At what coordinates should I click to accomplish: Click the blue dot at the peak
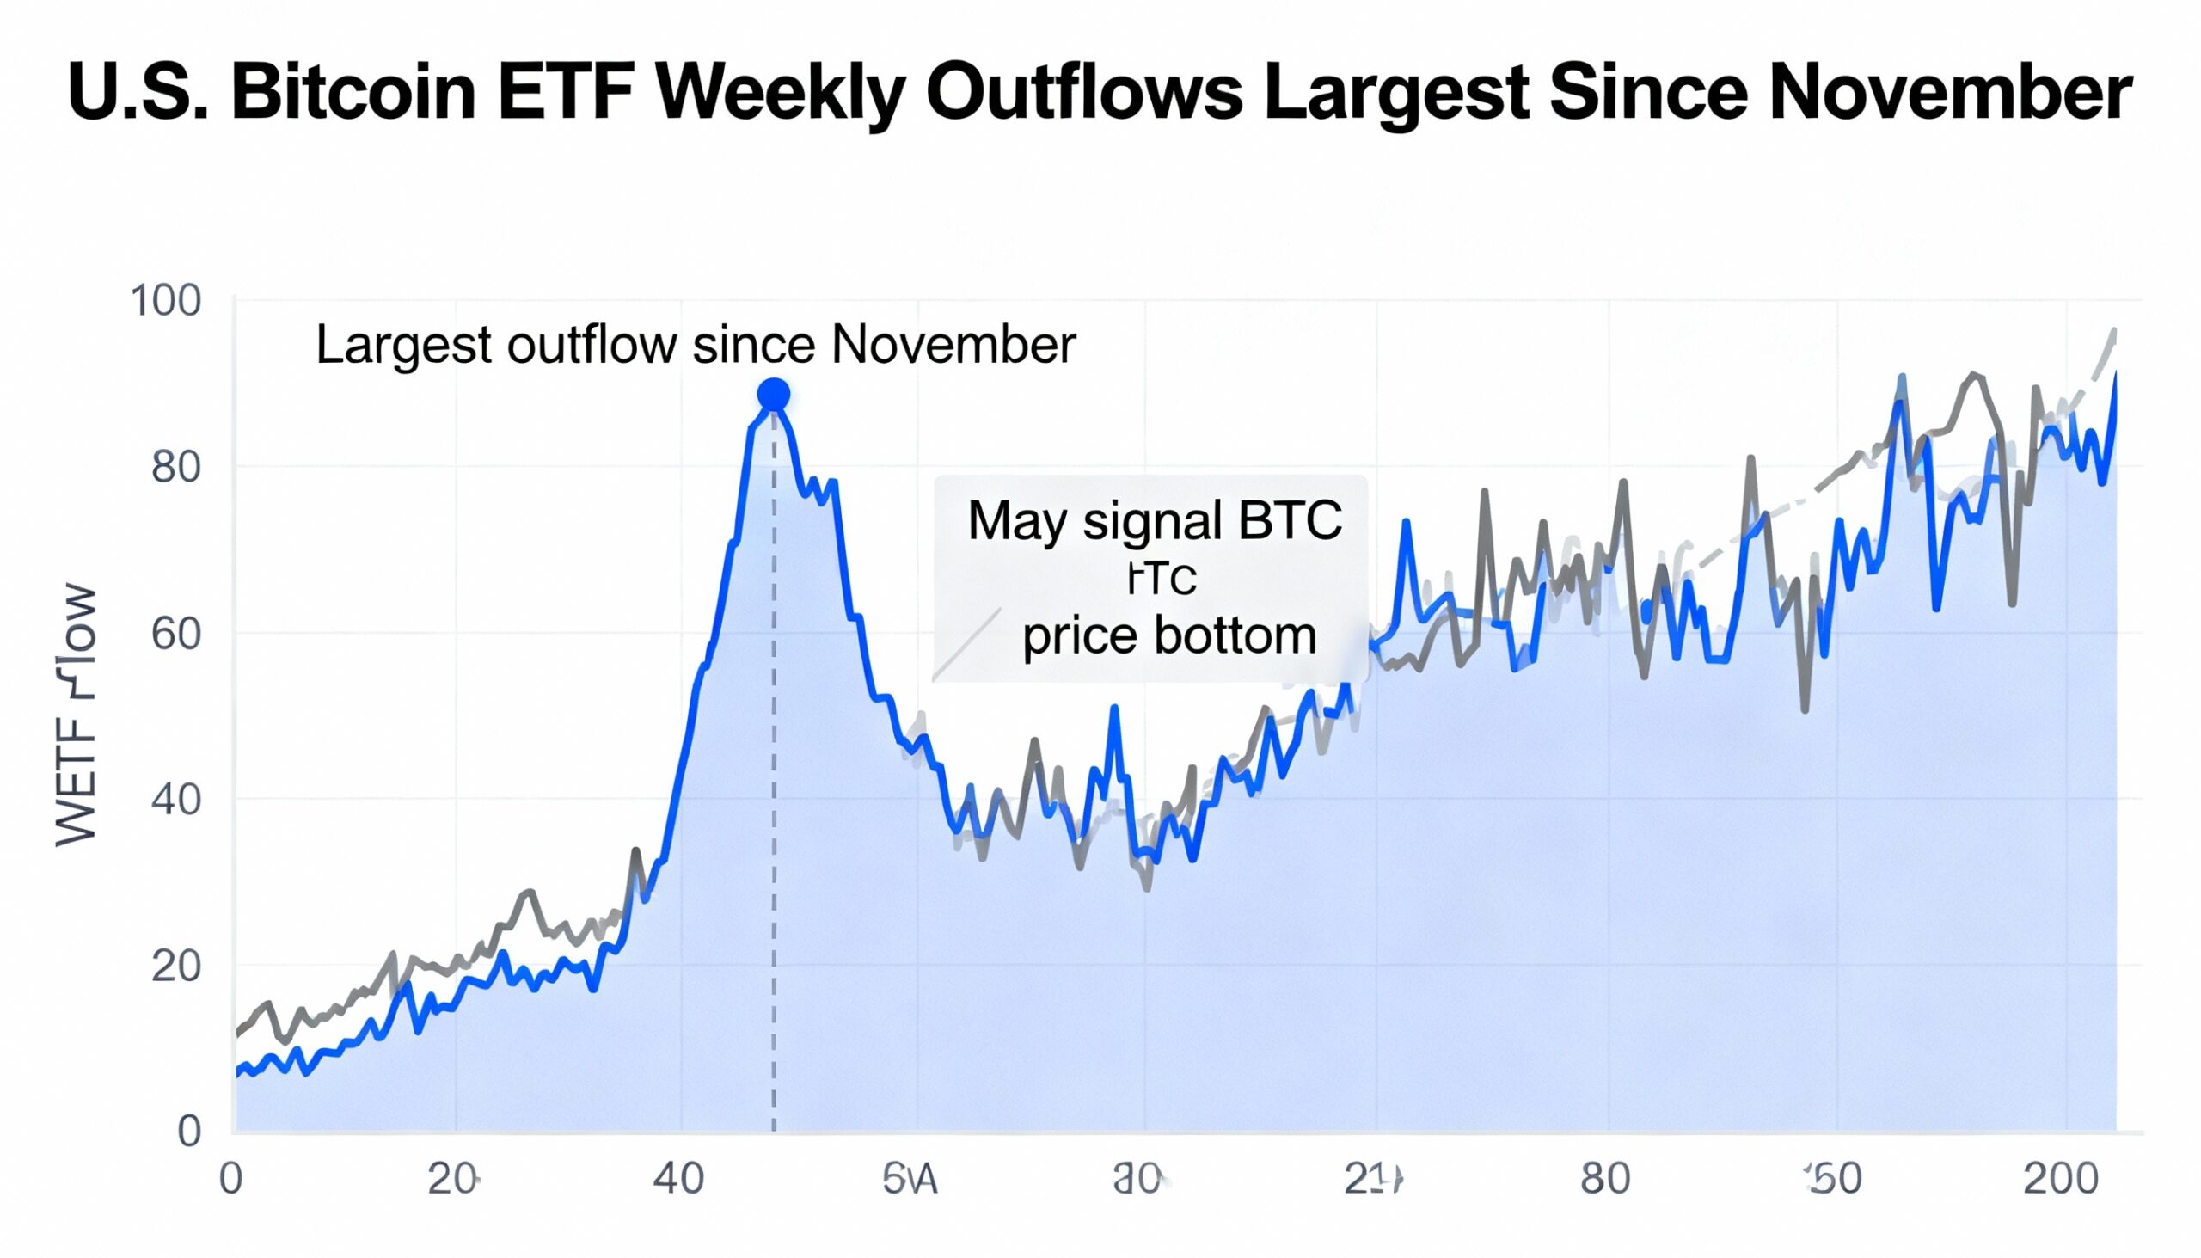tap(773, 395)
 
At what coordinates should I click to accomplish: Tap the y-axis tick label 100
tap(164, 302)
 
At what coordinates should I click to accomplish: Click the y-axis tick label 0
tap(189, 1131)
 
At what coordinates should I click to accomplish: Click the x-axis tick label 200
tap(2060, 1179)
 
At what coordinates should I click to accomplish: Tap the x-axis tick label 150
tap(1834, 1179)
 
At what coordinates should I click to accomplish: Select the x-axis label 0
tap(230, 1179)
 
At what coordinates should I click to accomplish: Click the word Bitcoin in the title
tap(353, 93)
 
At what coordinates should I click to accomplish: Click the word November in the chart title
tap(1951, 93)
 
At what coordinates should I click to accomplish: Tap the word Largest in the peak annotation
tap(403, 345)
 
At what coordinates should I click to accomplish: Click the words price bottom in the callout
tap(1168, 636)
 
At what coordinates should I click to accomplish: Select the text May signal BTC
tap(1154, 521)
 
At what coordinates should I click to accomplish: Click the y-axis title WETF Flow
tap(76, 715)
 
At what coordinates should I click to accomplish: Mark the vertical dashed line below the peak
tap(773, 777)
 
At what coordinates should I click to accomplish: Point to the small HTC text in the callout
tap(1161, 579)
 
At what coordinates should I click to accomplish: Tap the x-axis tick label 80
tap(1605, 1179)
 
